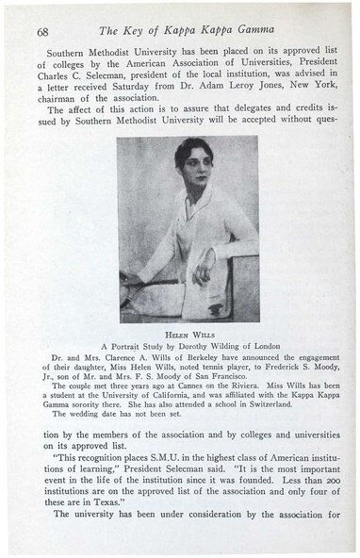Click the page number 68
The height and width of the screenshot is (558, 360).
point(42,30)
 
